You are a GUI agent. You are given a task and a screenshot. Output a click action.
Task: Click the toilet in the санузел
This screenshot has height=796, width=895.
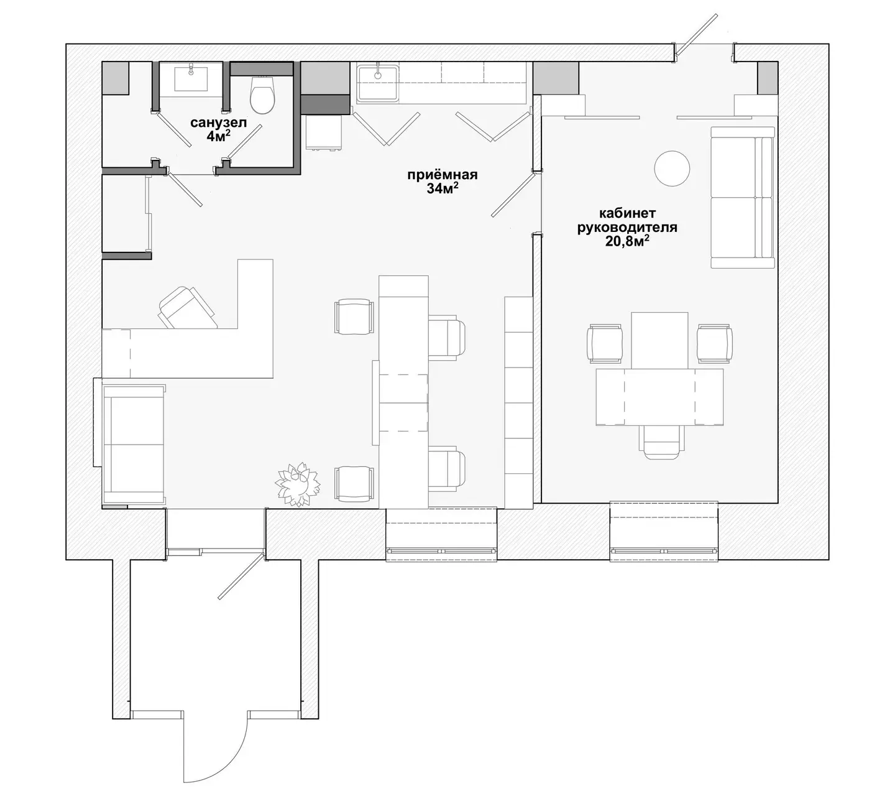pos(262,94)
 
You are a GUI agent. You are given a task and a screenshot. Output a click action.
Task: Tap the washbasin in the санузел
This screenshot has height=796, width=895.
pos(191,79)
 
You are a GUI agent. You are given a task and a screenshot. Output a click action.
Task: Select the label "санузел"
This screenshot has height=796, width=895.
pos(218,123)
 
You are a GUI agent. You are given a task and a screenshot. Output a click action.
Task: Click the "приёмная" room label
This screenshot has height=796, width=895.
pos(442,175)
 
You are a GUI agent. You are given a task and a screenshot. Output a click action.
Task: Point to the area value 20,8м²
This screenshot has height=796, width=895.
pos(627,241)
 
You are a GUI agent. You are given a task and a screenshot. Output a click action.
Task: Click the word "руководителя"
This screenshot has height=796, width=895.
pos(627,228)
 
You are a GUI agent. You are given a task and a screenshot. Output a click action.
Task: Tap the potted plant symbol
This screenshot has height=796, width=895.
pos(297,484)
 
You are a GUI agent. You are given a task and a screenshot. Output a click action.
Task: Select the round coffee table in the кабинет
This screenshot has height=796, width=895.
pos(672,169)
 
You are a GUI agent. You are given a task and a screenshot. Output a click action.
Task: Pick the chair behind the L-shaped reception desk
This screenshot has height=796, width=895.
pos(188,307)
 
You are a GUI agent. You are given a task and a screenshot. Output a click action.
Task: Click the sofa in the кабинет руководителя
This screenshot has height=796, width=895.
pos(743,198)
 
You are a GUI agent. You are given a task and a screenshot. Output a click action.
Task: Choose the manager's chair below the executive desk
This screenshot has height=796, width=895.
pos(662,442)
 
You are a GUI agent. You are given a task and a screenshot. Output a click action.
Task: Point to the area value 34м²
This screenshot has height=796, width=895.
pos(442,188)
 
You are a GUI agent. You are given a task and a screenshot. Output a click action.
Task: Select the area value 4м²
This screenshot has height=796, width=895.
pos(218,136)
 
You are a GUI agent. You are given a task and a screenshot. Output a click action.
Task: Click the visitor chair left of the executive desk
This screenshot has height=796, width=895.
pos(605,343)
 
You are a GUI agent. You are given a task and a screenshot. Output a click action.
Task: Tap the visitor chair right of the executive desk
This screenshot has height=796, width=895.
pos(714,343)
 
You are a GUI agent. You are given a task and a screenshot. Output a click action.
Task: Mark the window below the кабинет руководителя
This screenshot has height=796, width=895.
pos(664,531)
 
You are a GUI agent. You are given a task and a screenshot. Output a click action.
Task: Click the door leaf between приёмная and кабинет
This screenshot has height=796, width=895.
pos(513,195)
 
